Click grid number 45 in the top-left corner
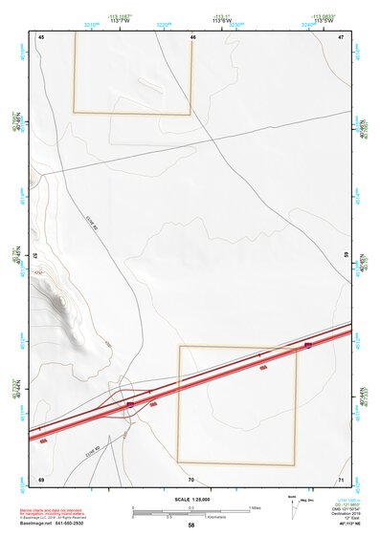pos(41,36)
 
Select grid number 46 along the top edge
pos(192,37)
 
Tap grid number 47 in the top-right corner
pos(341,36)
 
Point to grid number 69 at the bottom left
pos(41,478)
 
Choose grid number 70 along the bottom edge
pos(191,479)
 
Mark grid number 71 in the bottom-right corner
pos(341,478)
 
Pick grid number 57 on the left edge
pos(35,257)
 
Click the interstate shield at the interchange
pos(130,405)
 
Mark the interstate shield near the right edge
pos(308,345)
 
